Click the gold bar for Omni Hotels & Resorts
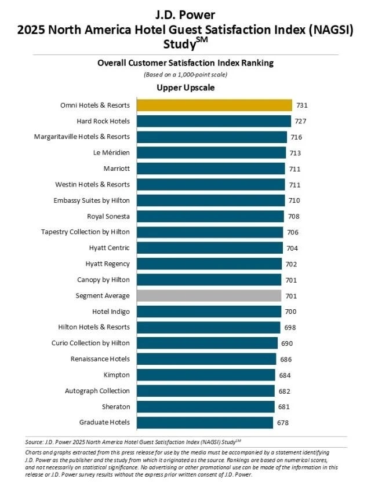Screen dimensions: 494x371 214,105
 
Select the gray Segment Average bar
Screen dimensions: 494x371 209,295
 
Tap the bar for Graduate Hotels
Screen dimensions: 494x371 205,422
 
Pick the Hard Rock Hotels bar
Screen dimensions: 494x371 213,121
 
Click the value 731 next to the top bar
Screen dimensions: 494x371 301,105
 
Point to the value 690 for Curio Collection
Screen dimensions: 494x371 287,343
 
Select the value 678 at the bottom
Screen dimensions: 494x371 282,422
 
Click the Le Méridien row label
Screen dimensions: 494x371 111,153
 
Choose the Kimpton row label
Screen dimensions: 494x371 117,375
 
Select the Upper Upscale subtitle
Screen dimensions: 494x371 185,88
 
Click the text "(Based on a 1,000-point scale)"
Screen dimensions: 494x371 185,75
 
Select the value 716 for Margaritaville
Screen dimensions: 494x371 297,137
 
